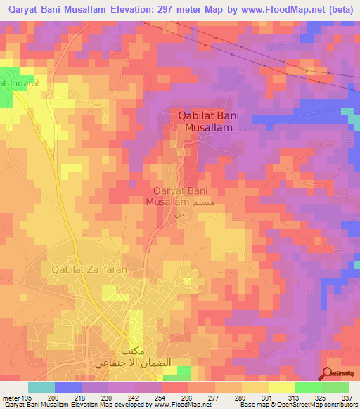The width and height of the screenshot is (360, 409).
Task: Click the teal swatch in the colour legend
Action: click(41, 387)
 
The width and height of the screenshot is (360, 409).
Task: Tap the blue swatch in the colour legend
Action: click(68, 387)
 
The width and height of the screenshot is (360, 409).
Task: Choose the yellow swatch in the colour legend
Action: click(281, 387)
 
